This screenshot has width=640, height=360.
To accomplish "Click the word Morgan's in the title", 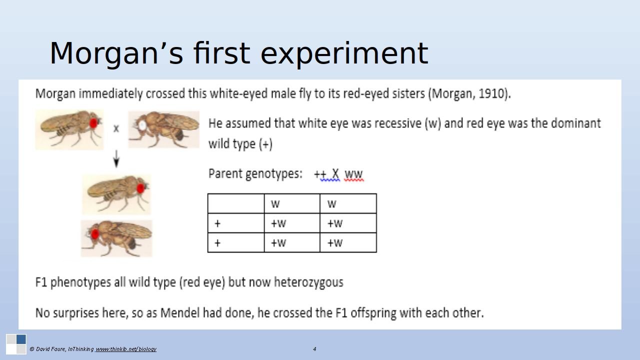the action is point(116,53).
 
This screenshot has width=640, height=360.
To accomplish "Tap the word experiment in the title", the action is point(344,53).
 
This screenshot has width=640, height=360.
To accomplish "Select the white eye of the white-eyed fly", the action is point(142,124).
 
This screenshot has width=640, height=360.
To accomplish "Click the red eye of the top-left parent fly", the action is point(93,123).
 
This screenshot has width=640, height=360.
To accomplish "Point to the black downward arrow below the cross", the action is point(116,159).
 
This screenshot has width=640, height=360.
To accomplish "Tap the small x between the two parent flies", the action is point(116,128).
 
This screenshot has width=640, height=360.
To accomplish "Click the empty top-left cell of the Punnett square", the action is point(236,203).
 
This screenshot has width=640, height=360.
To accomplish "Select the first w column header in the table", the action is point(275,204).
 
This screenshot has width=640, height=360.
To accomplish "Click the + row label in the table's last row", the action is point(217,243).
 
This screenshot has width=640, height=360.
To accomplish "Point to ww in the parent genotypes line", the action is point(353,173).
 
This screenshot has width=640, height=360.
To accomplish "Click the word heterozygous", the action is point(308,282).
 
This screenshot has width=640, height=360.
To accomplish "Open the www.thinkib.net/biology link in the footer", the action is point(125,349).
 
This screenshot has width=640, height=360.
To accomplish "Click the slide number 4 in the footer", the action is point(314,349).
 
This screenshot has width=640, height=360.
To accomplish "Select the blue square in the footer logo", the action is point(21,339).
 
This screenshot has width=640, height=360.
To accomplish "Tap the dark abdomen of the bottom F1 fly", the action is point(131,243).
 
